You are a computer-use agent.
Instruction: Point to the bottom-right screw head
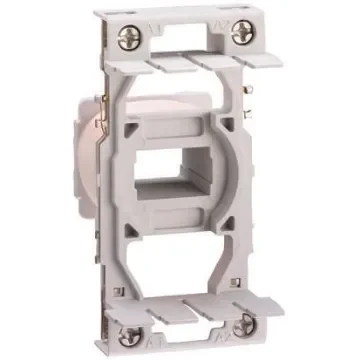(244, 326)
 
